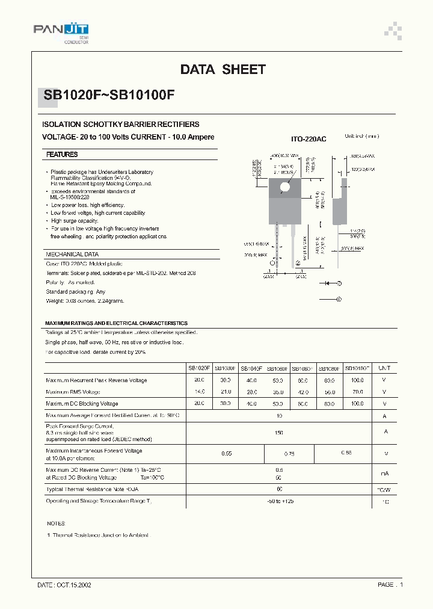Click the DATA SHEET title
click(223, 70)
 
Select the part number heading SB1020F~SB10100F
click(109, 94)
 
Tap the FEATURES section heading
click(62, 155)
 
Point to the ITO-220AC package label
click(309, 139)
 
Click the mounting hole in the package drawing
click(285, 187)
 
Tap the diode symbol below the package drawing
click(328, 282)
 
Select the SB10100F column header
click(357, 368)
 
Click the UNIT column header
click(384, 368)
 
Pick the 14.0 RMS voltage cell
click(199, 392)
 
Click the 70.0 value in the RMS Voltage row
click(357, 392)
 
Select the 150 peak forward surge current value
click(279, 432)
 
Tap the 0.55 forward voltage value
click(226, 454)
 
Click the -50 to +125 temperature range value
click(279, 501)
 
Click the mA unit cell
click(384, 474)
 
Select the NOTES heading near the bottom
click(55, 524)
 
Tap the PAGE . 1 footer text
click(390, 584)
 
